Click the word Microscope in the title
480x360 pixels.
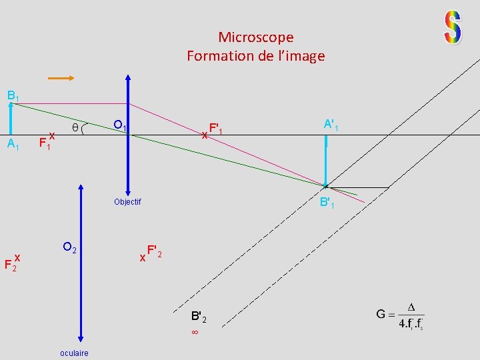255,37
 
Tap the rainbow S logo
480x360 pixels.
453,28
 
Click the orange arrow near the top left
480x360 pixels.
61,78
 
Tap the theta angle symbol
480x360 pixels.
75,127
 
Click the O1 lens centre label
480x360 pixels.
121,125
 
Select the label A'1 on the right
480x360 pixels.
331,125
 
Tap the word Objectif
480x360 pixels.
127,201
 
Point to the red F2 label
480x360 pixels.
11,264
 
